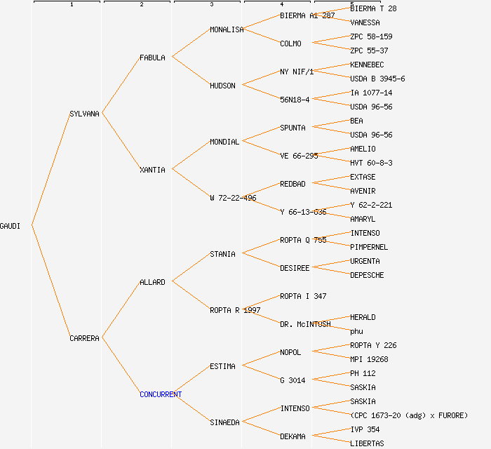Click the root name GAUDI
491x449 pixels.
pos(10,226)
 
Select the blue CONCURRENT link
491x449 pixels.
pos(161,394)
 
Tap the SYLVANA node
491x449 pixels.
pos(85,114)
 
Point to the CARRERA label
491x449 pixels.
pos(85,338)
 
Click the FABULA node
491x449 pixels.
pos(152,58)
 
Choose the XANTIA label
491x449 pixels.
pos(152,170)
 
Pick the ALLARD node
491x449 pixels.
pos(152,282)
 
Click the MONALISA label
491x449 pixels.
pos(227,29)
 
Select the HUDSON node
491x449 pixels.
pos(222,86)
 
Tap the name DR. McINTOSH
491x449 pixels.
pos(305,324)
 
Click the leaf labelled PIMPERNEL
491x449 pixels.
pos(369,247)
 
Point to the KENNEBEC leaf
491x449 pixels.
pos(367,65)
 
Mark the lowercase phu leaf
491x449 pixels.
pos(356,331)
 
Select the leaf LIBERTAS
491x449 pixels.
pos(367,443)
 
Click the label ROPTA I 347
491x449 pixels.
pos(303,296)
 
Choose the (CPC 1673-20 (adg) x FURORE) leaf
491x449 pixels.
pos(409,415)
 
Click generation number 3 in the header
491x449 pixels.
pos(211,5)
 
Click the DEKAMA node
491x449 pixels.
pos(292,436)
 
